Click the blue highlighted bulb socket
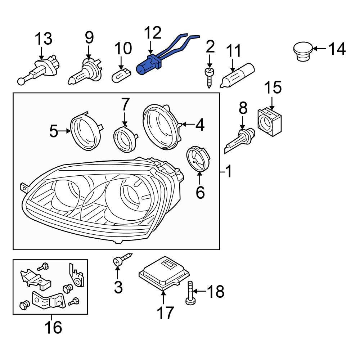click(x=147, y=66)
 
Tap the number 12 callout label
click(x=152, y=33)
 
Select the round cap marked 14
click(x=302, y=51)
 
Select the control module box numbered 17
click(x=164, y=274)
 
